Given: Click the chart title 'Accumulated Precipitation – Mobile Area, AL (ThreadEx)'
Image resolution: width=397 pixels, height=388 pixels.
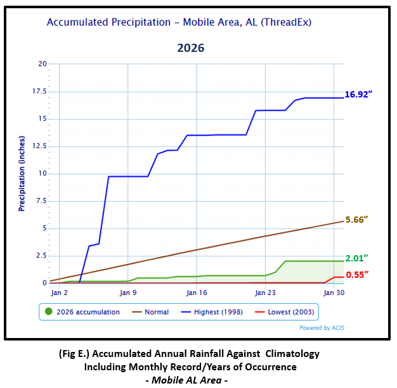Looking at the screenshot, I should pos(179,22).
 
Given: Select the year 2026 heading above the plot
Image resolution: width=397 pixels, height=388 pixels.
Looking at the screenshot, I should pos(191,48).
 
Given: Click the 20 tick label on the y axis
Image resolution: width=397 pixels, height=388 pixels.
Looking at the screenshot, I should pos(42,64).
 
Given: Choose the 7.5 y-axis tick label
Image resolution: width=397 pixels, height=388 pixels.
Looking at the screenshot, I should pos(42,201).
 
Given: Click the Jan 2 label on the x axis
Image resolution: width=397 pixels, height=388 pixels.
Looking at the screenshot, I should pos(60,293).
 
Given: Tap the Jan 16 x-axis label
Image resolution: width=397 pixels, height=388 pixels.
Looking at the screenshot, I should pos(197,293).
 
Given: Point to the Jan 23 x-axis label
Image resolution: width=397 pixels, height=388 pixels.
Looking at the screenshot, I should pos(265,293).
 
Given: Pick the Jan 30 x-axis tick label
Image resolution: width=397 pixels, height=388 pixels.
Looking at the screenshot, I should pos(334,293).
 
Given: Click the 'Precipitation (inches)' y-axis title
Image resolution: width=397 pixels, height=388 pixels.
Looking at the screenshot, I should pos(22,173).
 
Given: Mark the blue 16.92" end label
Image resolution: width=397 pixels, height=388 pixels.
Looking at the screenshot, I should pos(358,94).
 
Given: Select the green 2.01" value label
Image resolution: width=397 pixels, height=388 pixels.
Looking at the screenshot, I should pos(357,258).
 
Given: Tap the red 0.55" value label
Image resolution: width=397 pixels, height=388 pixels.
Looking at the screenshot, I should pos(357,274).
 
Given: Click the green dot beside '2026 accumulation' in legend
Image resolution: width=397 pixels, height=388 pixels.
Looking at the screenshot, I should pos(49,311).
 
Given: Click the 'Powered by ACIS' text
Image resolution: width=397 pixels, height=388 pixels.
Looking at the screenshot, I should pos(322,328).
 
